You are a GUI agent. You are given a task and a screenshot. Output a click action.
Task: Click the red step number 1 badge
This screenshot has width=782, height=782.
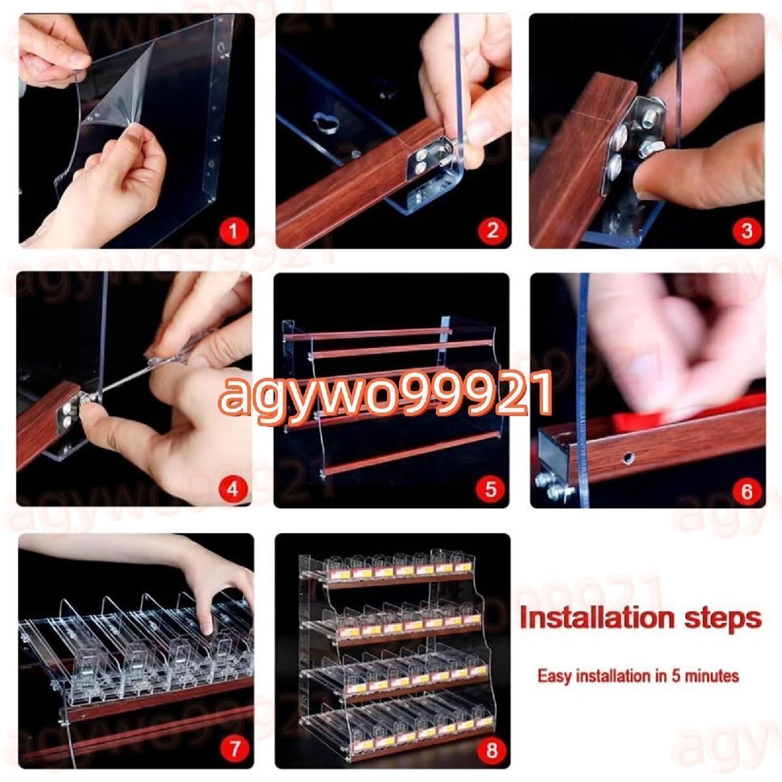(x=233, y=231)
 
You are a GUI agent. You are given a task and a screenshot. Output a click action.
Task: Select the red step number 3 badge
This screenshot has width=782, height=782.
(x=746, y=231)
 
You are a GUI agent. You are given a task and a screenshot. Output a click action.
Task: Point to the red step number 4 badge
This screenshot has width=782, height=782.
(x=233, y=489)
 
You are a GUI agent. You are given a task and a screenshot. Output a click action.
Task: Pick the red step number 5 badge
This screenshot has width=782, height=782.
(x=491, y=489)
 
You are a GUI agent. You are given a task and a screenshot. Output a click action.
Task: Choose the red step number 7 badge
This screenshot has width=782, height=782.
(x=235, y=749)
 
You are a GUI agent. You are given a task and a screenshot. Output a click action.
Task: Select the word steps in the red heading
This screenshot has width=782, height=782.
(x=720, y=620)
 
